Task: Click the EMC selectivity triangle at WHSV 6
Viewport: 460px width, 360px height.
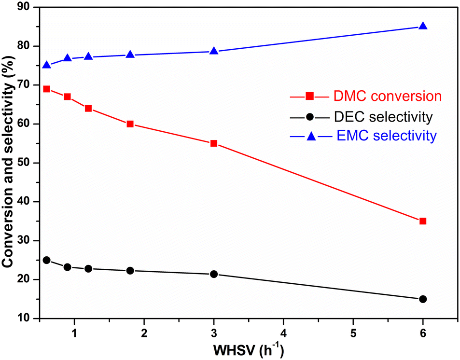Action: tap(423, 26)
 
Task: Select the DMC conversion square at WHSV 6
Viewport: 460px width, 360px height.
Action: tap(423, 221)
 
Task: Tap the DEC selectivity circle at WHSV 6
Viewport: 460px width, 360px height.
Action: tap(423, 299)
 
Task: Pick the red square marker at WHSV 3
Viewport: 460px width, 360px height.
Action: tap(214, 143)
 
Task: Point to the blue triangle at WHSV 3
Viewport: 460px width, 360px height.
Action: tap(214, 51)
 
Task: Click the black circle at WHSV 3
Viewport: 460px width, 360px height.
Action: tap(214, 274)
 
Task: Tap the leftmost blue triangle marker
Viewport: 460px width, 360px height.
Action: tap(46, 65)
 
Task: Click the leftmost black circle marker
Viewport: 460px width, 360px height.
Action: tap(46, 260)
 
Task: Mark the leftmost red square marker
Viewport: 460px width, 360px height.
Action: tap(46, 89)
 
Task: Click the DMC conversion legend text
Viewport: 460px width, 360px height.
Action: tap(387, 97)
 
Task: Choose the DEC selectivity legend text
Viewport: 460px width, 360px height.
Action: tap(382, 116)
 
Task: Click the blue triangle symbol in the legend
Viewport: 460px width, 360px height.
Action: tap(311, 137)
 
